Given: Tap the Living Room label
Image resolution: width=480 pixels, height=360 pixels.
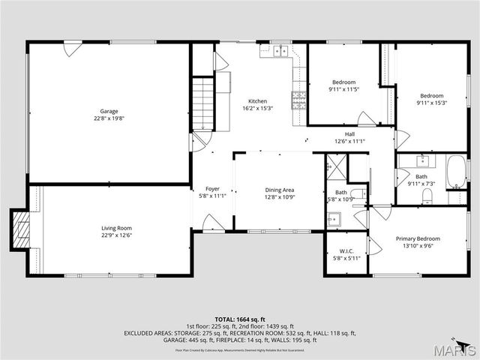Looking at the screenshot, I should point(116,227).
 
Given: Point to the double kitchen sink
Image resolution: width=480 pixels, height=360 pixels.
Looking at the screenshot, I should point(279,51).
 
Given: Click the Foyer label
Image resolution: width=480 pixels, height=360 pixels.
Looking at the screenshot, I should point(212,188).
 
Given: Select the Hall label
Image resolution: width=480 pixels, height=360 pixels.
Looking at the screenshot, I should point(349,133).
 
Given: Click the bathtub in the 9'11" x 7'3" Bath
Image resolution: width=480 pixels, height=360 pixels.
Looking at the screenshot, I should point(456,172).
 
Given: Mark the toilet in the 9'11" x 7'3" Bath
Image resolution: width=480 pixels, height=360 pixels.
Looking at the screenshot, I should point(427,196).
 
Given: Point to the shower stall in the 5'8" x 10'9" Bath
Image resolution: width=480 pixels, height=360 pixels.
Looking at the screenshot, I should point(335,166).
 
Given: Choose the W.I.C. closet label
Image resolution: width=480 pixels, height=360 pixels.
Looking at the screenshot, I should point(346,251).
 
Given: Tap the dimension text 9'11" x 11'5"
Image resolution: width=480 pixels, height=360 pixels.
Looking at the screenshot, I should point(344,89).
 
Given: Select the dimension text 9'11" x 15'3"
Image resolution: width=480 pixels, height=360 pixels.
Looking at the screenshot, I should point(431,103).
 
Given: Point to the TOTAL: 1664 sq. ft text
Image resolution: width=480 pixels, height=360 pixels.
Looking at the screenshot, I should point(240,319).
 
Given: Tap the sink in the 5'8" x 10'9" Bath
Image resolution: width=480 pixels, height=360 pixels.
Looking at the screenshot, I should point(334,218).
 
